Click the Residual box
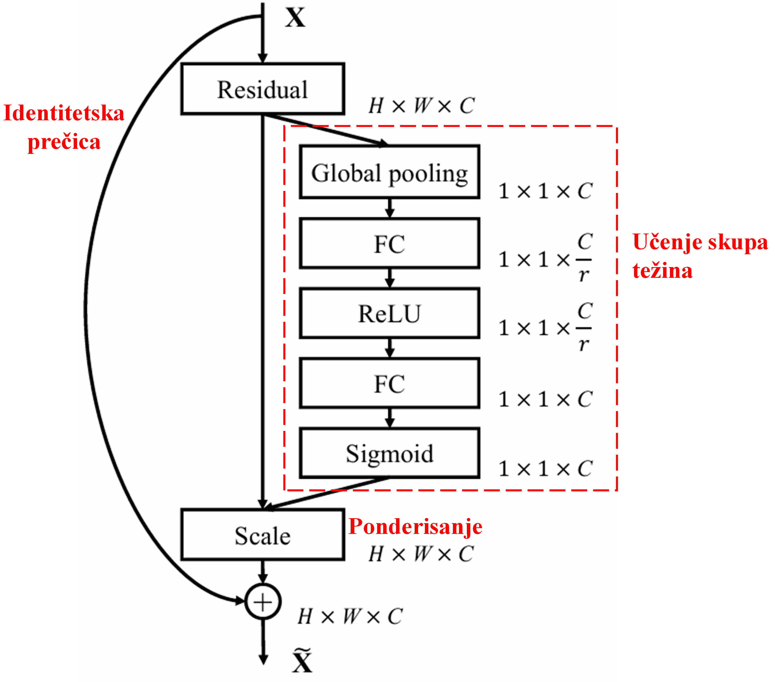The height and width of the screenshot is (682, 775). (x=262, y=89)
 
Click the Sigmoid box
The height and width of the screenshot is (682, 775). (x=389, y=453)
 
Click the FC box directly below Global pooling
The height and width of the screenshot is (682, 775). (x=389, y=243)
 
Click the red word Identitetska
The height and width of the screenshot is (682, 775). (x=64, y=113)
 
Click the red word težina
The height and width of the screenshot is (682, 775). (x=662, y=271)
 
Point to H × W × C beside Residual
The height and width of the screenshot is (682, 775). (x=421, y=106)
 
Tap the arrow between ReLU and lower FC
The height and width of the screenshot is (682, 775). (x=389, y=348)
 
